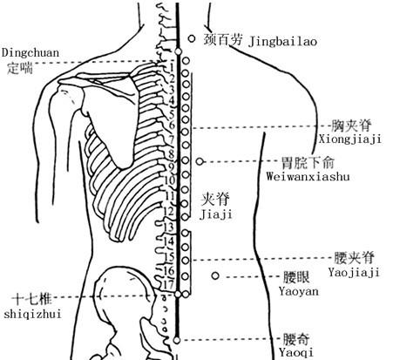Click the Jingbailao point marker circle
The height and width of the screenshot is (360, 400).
pos(192,38)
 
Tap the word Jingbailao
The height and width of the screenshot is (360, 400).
pos(282,42)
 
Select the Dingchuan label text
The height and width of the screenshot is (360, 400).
pos(31,53)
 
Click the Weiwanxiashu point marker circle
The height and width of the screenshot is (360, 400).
pos(200,161)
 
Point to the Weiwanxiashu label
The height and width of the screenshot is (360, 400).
pos(308,176)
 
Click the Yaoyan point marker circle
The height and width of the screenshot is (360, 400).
pos(215,275)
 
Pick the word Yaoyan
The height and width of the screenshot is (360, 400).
pos(299,291)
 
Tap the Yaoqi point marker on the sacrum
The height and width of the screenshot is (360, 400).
pos(177,340)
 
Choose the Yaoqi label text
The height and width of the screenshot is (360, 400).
pos(296,352)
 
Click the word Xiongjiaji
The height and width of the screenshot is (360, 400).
pos(350,139)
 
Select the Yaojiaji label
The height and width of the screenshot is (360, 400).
pos(354,273)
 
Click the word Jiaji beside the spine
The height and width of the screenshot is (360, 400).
pos(216,214)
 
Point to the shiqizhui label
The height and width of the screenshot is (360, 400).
pos(32,314)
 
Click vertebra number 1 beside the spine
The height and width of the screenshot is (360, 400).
pos(172,68)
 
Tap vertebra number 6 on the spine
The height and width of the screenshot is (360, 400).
pos(172,126)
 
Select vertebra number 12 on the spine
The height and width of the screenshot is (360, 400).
pos(168,211)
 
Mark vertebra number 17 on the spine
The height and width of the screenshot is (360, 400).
pos(168,285)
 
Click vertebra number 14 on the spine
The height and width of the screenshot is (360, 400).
pos(168,241)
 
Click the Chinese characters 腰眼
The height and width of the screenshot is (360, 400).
pos(296,277)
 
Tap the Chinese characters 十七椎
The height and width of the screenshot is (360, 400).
pos(32,299)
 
